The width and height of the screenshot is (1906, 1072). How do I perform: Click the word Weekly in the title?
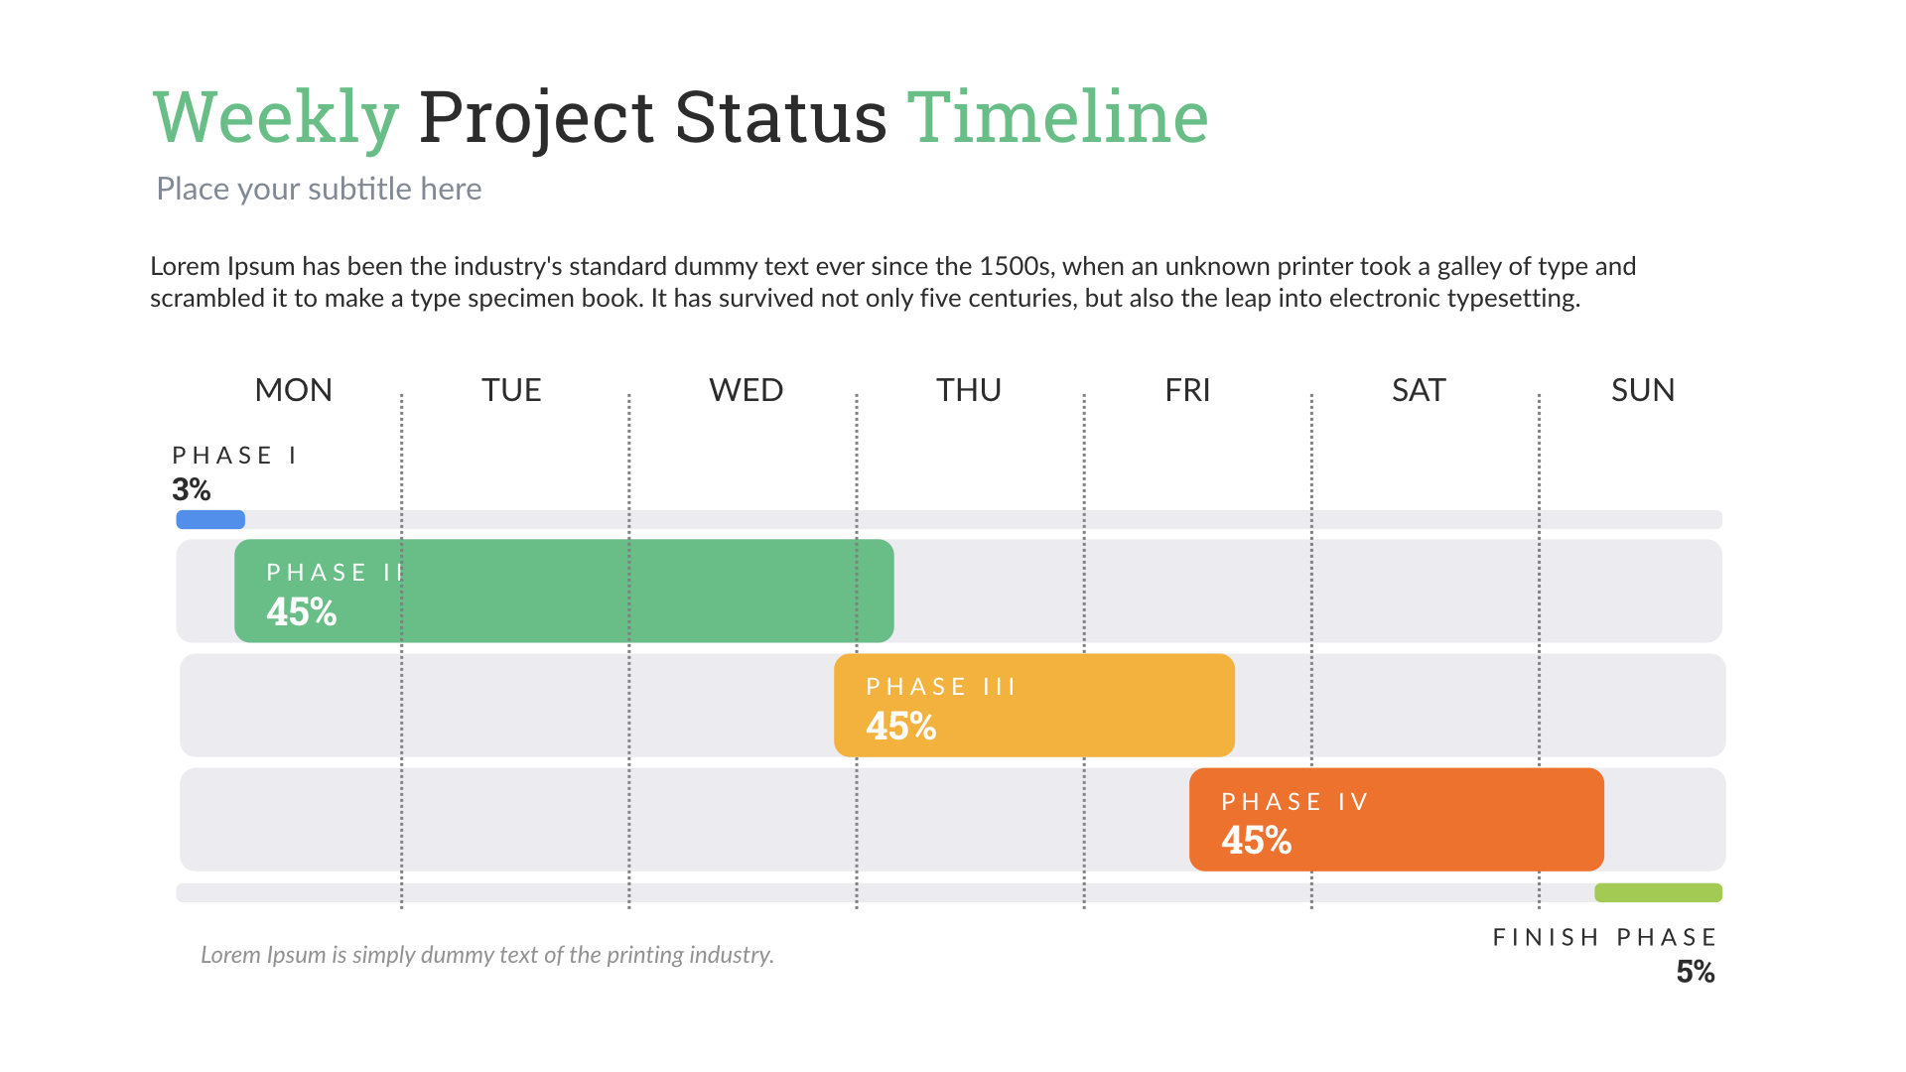tap(276, 118)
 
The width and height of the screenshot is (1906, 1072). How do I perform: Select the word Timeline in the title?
tap(1057, 118)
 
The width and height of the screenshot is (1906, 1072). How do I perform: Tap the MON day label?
tap(293, 390)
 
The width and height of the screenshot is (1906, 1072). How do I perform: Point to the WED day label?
tap(746, 390)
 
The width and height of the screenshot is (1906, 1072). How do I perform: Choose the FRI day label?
tap(1187, 390)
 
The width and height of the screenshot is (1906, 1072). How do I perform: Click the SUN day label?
tap(1643, 390)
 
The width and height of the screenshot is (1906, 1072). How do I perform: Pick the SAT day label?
tap(1419, 390)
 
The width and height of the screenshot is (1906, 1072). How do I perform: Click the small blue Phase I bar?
tap(210, 519)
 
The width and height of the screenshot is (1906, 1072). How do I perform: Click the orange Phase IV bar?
tap(1439, 819)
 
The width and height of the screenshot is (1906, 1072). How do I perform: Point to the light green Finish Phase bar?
tap(1658, 892)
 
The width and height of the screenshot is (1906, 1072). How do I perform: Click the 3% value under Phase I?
tap(192, 489)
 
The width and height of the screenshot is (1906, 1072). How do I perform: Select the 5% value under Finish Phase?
tap(1696, 972)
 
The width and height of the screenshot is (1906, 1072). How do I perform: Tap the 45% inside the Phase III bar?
tap(901, 727)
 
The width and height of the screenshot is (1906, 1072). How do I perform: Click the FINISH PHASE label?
tap(1604, 937)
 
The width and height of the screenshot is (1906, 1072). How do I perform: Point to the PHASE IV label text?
tap(1294, 801)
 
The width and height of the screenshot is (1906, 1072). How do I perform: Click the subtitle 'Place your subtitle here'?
tap(319, 189)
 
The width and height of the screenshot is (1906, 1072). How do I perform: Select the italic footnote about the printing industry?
tap(486, 955)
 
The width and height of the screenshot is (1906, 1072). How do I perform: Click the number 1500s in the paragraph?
tap(1015, 266)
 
